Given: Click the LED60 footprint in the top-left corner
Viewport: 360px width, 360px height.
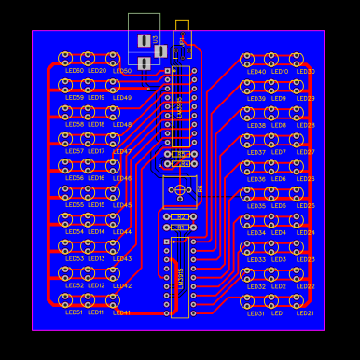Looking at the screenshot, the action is pos(65,59).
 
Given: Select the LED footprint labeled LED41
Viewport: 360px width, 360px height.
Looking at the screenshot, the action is pos(113,300).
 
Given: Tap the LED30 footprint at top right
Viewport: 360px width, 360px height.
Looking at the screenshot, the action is pos(297,60).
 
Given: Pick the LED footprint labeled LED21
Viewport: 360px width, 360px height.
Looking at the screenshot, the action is pos(297,301).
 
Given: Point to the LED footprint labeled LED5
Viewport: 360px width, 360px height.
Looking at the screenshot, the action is pos(271,194).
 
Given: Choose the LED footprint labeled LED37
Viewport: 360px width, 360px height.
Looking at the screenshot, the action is pos(247,140).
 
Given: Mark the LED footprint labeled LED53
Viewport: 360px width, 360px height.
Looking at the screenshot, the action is pos(65,247).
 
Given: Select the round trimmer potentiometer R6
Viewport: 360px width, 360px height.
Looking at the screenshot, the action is pos(180,190).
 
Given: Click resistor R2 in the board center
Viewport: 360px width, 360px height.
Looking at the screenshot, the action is pos(180,216).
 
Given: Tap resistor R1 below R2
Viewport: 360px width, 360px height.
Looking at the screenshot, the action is pos(180,227).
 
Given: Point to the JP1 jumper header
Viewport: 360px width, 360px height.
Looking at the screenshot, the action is pos(181,39).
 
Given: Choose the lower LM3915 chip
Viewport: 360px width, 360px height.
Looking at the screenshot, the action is pos(180,277).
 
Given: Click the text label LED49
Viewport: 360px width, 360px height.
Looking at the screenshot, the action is pos(122,98).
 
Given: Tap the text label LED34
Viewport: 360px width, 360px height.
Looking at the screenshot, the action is pos(256,233).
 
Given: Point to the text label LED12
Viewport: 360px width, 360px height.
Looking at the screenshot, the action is pos(96,286).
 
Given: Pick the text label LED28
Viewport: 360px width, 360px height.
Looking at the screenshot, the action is pos(305,125).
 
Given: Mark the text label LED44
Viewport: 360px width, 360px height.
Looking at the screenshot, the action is pos(122,232).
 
